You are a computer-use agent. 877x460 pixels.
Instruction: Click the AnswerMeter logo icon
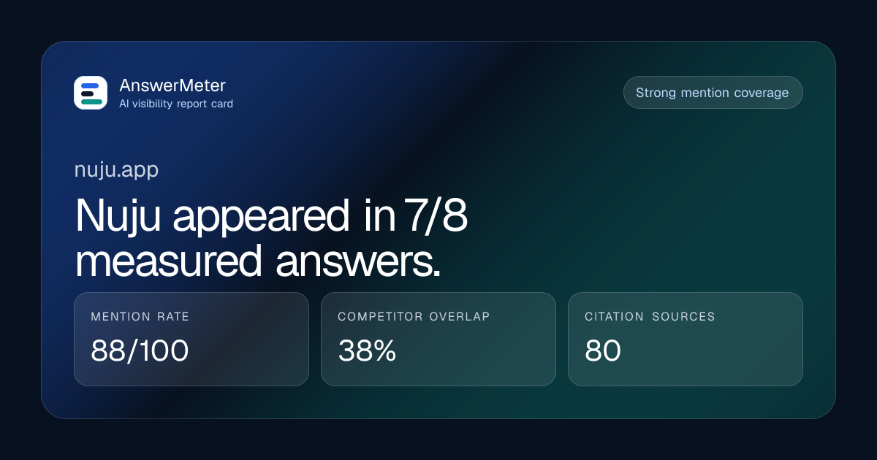point(91,93)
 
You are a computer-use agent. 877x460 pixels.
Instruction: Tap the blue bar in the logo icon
point(90,85)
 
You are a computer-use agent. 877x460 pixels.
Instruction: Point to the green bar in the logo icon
point(91,102)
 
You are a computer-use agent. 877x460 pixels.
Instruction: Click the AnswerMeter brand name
point(172,85)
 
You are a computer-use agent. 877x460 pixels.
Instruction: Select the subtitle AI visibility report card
point(176,104)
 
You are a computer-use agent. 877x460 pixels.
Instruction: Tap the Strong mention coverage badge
point(713,93)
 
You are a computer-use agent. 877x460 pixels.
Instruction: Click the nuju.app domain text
point(116,170)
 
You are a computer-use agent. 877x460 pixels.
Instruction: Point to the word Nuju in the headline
point(118,216)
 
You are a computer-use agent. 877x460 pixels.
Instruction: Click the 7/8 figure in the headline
point(436,215)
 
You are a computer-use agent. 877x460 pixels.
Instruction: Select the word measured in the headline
point(168,261)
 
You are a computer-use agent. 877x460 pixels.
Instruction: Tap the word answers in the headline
point(358,261)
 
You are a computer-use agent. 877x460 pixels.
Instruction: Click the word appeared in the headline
point(260,217)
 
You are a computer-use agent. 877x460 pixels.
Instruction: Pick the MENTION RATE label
point(140,316)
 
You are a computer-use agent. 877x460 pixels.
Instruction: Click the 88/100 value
point(140,350)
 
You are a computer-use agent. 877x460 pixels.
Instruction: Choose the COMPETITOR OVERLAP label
point(414,316)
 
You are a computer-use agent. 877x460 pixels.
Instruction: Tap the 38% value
point(367,350)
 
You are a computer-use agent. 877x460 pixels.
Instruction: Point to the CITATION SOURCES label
point(650,316)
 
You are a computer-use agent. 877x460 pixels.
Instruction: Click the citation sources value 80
point(603,350)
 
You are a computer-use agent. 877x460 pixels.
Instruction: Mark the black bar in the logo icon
point(87,94)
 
